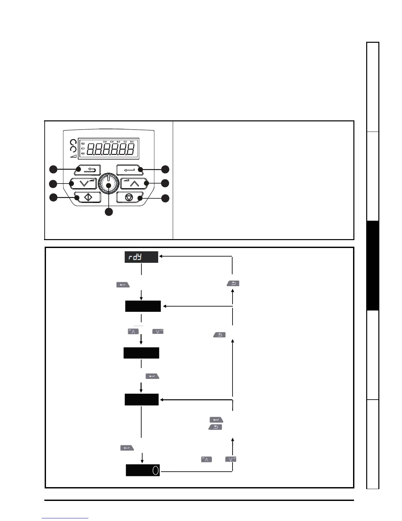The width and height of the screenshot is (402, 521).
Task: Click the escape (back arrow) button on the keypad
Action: pos(87,170)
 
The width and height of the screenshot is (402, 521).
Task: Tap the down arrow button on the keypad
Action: pos(83,183)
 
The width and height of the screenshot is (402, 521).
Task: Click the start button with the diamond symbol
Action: pos(87,197)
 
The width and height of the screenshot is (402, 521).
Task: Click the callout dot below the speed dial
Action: pos(109,212)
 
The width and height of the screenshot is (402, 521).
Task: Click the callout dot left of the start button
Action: pos(53,198)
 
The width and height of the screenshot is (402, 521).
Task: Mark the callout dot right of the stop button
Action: pos(165,198)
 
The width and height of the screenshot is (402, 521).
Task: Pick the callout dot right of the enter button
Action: pos(165,169)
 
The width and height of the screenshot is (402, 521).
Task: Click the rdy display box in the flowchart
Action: pos(141,257)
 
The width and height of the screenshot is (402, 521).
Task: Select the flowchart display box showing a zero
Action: pos(143,470)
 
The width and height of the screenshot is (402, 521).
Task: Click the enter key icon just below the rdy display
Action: pos(123,285)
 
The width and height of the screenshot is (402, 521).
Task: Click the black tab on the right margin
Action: pos(373,265)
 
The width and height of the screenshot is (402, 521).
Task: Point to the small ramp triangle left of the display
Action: pos(73,156)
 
